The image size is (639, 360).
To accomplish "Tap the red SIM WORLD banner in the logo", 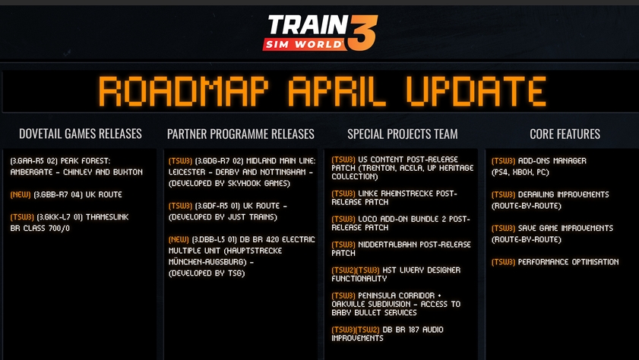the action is (305, 44).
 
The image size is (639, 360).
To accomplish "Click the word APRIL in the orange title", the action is (337, 91).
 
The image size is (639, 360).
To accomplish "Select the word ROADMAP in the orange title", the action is (183, 91).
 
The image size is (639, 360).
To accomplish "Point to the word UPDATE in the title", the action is (476, 91).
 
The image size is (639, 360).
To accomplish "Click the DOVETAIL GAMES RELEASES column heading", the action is (81, 134).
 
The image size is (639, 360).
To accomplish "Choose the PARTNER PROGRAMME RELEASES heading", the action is (240, 134).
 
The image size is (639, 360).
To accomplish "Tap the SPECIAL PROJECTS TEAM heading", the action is (402, 134).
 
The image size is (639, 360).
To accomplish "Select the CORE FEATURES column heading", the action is (565, 134).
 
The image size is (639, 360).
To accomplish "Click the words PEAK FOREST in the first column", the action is (85, 161).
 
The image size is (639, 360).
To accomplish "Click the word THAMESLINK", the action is (107, 217).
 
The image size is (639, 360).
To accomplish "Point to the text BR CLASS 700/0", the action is (40, 229).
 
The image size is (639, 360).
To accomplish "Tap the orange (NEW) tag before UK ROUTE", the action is (21, 194).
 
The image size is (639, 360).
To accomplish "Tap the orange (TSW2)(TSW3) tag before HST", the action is (356, 270).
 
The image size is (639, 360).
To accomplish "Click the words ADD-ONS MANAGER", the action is (552, 161).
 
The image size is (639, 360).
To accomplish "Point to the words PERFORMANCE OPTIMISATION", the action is (568, 262).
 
